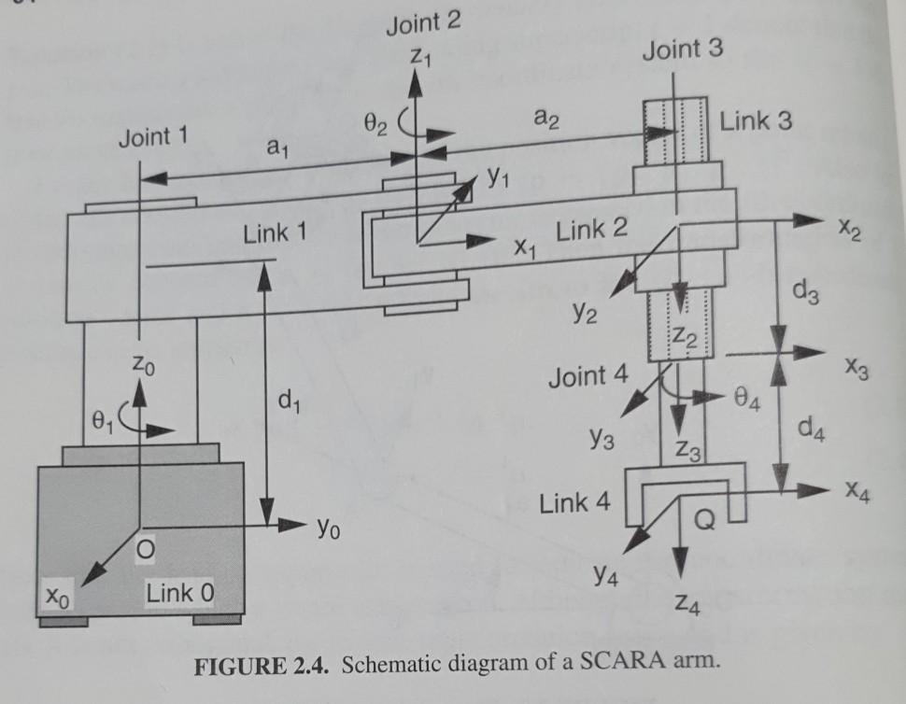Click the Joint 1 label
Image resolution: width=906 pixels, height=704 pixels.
tap(153, 138)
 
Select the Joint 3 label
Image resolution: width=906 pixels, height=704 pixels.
tap(682, 50)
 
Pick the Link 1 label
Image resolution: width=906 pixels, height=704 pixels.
tap(275, 233)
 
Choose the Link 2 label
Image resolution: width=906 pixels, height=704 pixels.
tap(592, 230)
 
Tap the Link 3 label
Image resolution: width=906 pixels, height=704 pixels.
tap(757, 121)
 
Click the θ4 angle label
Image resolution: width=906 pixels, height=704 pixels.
tap(748, 403)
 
